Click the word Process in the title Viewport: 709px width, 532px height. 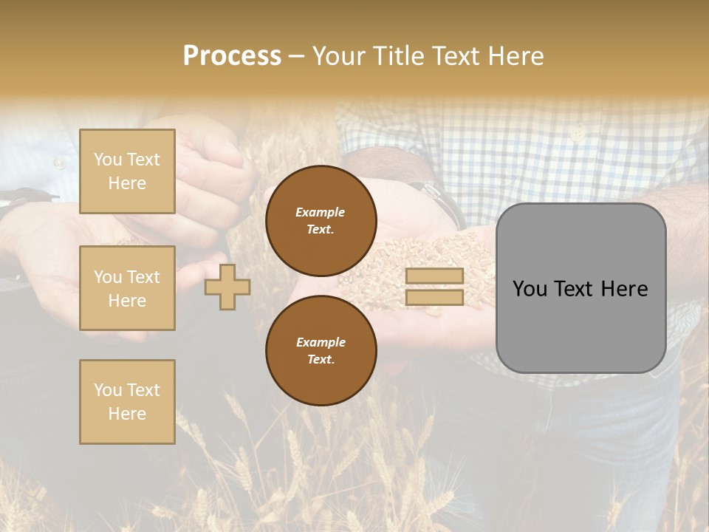(x=232, y=56)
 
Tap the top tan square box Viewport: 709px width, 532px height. (x=127, y=171)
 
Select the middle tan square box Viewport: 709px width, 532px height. (x=127, y=288)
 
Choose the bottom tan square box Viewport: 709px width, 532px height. (x=127, y=402)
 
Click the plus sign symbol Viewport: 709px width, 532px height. (x=227, y=287)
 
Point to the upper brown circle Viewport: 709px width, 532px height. (x=321, y=221)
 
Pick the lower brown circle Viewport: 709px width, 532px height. (x=321, y=351)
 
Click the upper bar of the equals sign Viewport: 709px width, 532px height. (x=434, y=276)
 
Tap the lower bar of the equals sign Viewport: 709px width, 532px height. (x=434, y=298)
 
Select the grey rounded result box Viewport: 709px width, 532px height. (x=580, y=287)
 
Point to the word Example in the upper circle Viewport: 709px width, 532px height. (x=320, y=213)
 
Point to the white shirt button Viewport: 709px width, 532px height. (x=578, y=133)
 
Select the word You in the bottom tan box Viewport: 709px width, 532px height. (x=108, y=390)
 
